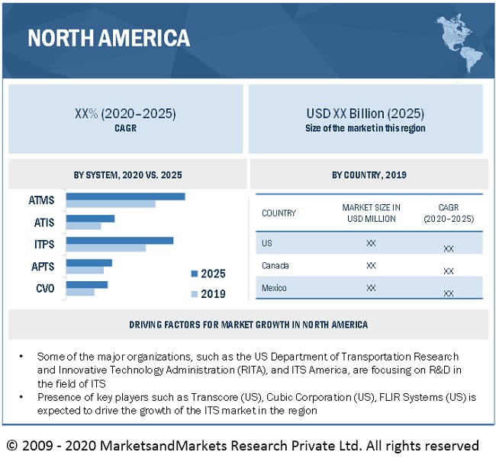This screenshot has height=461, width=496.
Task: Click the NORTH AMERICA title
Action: (108, 37)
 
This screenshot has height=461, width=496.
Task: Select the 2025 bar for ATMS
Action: (125, 197)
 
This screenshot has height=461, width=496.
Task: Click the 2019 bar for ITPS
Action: (105, 248)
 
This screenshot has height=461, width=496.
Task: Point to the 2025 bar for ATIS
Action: (90, 219)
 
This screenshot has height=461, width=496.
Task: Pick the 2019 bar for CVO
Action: (80, 292)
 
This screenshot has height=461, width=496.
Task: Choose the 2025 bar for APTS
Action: (89, 263)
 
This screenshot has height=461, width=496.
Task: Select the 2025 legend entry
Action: (208, 274)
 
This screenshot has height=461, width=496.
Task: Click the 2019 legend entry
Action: (208, 294)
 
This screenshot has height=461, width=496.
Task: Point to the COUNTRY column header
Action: (279, 213)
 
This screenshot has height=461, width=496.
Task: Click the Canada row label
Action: (275, 266)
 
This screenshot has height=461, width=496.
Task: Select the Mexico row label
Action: (275, 288)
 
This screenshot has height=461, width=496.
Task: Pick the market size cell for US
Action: (371, 244)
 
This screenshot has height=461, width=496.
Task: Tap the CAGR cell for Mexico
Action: (449, 293)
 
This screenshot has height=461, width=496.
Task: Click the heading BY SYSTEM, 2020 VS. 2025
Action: (127, 175)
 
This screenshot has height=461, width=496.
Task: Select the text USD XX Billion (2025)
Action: (365, 114)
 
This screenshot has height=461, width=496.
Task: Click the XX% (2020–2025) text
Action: (125, 114)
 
